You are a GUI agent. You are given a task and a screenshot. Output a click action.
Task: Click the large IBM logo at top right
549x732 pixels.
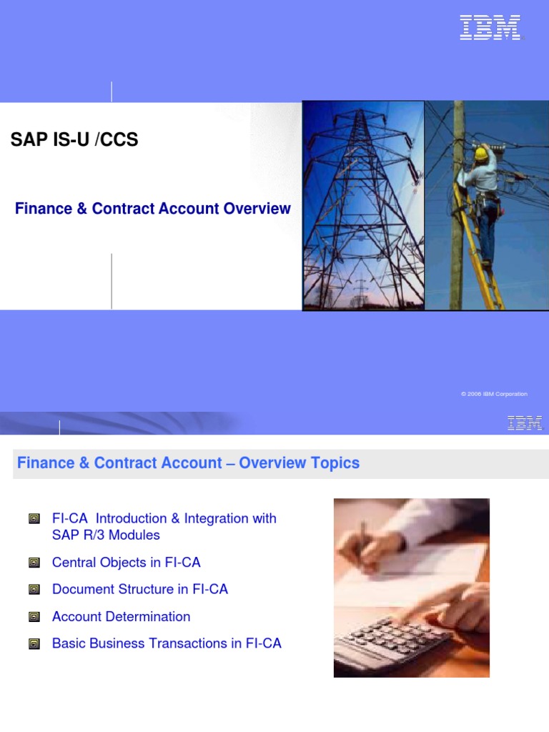[x=490, y=28]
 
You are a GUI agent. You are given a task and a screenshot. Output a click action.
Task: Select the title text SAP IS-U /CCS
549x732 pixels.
[x=74, y=140]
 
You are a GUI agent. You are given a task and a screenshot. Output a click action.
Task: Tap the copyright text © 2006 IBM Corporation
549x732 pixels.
[x=494, y=394]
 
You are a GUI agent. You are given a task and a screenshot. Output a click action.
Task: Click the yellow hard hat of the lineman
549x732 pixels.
[x=482, y=152]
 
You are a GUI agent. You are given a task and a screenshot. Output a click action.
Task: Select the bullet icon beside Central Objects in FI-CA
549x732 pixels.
[x=34, y=563]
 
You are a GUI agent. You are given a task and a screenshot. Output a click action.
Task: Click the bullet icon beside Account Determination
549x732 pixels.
[x=34, y=617]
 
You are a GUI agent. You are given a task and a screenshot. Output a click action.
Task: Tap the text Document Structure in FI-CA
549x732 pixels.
[x=140, y=590]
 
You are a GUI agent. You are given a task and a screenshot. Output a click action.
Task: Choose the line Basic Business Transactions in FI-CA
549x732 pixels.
[x=167, y=643]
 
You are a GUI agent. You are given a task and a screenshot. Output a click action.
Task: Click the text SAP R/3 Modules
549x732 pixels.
[x=106, y=535]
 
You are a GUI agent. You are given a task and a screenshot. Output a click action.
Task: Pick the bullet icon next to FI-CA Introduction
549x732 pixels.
[x=34, y=519]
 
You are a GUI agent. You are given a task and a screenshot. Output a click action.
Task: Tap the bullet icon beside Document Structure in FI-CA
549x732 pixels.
[x=34, y=590]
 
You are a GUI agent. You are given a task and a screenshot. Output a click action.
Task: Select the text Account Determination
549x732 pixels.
[x=122, y=617]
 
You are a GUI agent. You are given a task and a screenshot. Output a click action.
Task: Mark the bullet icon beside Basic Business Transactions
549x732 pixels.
[x=34, y=644]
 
